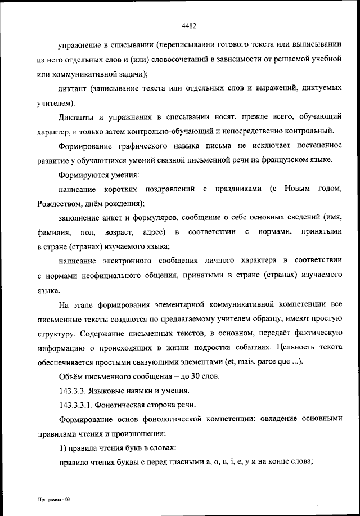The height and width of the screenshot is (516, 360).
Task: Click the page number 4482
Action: [188, 24]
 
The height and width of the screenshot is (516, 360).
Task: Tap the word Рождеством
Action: [59, 203]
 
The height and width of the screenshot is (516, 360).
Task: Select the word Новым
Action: [298, 188]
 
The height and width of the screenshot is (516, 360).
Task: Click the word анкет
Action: [107, 217]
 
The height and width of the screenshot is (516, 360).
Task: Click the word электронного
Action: [130, 261]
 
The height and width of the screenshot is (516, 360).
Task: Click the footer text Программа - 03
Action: [50, 499]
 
